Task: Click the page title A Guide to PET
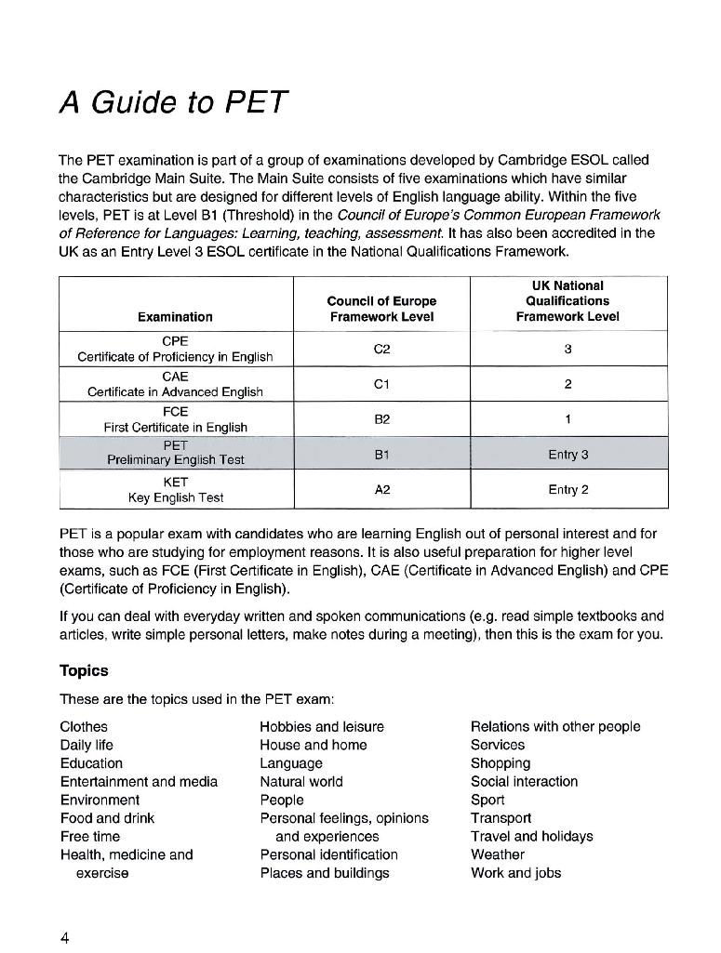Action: point(174,101)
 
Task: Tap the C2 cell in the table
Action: point(381,349)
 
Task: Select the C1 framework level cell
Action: point(381,384)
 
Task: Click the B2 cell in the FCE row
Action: point(381,419)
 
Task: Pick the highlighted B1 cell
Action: point(381,454)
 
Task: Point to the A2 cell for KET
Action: point(381,489)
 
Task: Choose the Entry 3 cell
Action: point(567,455)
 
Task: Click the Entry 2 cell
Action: point(567,490)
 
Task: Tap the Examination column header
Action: point(175,317)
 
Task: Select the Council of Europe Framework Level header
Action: point(381,309)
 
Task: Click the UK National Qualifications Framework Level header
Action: point(567,301)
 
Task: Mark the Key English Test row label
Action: point(176,497)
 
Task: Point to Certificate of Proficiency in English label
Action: point(175,357)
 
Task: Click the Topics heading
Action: point(84,671)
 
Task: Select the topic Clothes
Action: point(84,727)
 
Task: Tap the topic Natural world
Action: point(301,782)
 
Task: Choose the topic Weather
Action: point(498,854)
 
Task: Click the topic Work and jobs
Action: point(515,873)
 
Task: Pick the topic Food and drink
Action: point(107,818)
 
